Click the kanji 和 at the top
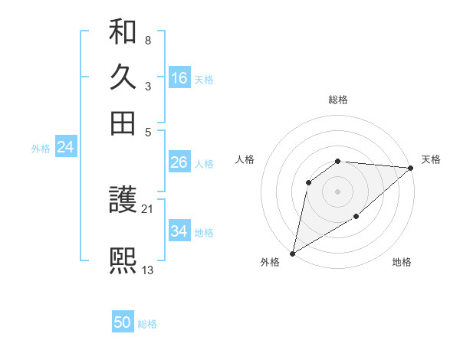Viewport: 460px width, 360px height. pos(123,31)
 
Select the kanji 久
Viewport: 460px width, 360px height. pos(123,77)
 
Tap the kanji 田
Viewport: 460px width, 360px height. pos(123,123)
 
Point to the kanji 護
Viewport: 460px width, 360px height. pos(123,201)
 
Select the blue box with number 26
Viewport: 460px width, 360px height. pos(179,163)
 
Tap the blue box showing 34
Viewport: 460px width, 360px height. pos(179,231)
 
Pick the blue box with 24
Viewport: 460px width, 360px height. pos(65,148)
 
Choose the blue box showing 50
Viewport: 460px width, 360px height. pos(123,322)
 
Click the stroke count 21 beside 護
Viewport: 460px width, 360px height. pos(147,208)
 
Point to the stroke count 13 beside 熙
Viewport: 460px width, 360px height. pos(148,270)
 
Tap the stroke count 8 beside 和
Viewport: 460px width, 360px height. pos(147,40)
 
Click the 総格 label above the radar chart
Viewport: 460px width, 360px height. pos(337,100)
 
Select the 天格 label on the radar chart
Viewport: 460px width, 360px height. pos(431,159)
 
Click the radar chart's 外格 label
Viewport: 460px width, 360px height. pos(269,263)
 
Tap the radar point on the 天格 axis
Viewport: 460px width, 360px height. pos(411,169)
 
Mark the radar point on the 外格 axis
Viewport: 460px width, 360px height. pos(292,253)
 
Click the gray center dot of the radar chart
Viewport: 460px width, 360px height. pos(337,191)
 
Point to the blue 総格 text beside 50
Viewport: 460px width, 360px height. pos(147,324)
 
